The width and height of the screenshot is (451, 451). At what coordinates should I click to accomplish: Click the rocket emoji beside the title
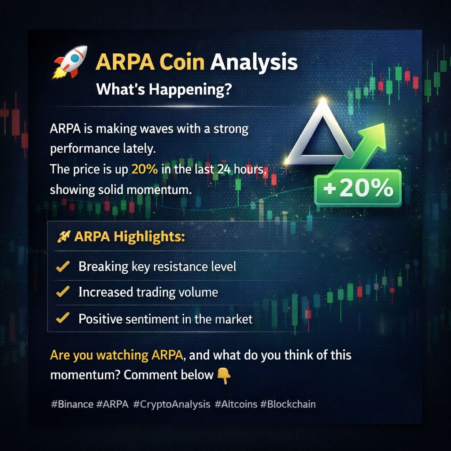pos(70,62)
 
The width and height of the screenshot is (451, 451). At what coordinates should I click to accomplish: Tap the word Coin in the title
pos(182,62)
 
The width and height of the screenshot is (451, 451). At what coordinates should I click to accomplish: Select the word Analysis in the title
pos(254,63)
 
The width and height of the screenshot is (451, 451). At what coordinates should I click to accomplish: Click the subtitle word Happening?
pos(190,89)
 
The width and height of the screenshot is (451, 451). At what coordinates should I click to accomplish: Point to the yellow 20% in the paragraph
pos(144,170)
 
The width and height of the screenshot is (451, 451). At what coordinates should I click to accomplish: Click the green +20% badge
pos(358,188)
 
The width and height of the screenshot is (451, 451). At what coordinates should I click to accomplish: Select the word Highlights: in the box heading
pos(149,237)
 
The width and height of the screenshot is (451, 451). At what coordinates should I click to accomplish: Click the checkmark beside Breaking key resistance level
pos(63,266)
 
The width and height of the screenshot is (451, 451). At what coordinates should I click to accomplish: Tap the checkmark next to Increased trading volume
pos(63,292)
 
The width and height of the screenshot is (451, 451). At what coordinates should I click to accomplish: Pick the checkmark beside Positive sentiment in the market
pos(63,318)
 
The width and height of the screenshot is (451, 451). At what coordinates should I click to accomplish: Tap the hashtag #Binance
pos(72,404)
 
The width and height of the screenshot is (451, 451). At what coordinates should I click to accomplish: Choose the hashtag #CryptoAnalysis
pos(172,405)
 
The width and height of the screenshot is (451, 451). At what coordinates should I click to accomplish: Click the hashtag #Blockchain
pos(288,404)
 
